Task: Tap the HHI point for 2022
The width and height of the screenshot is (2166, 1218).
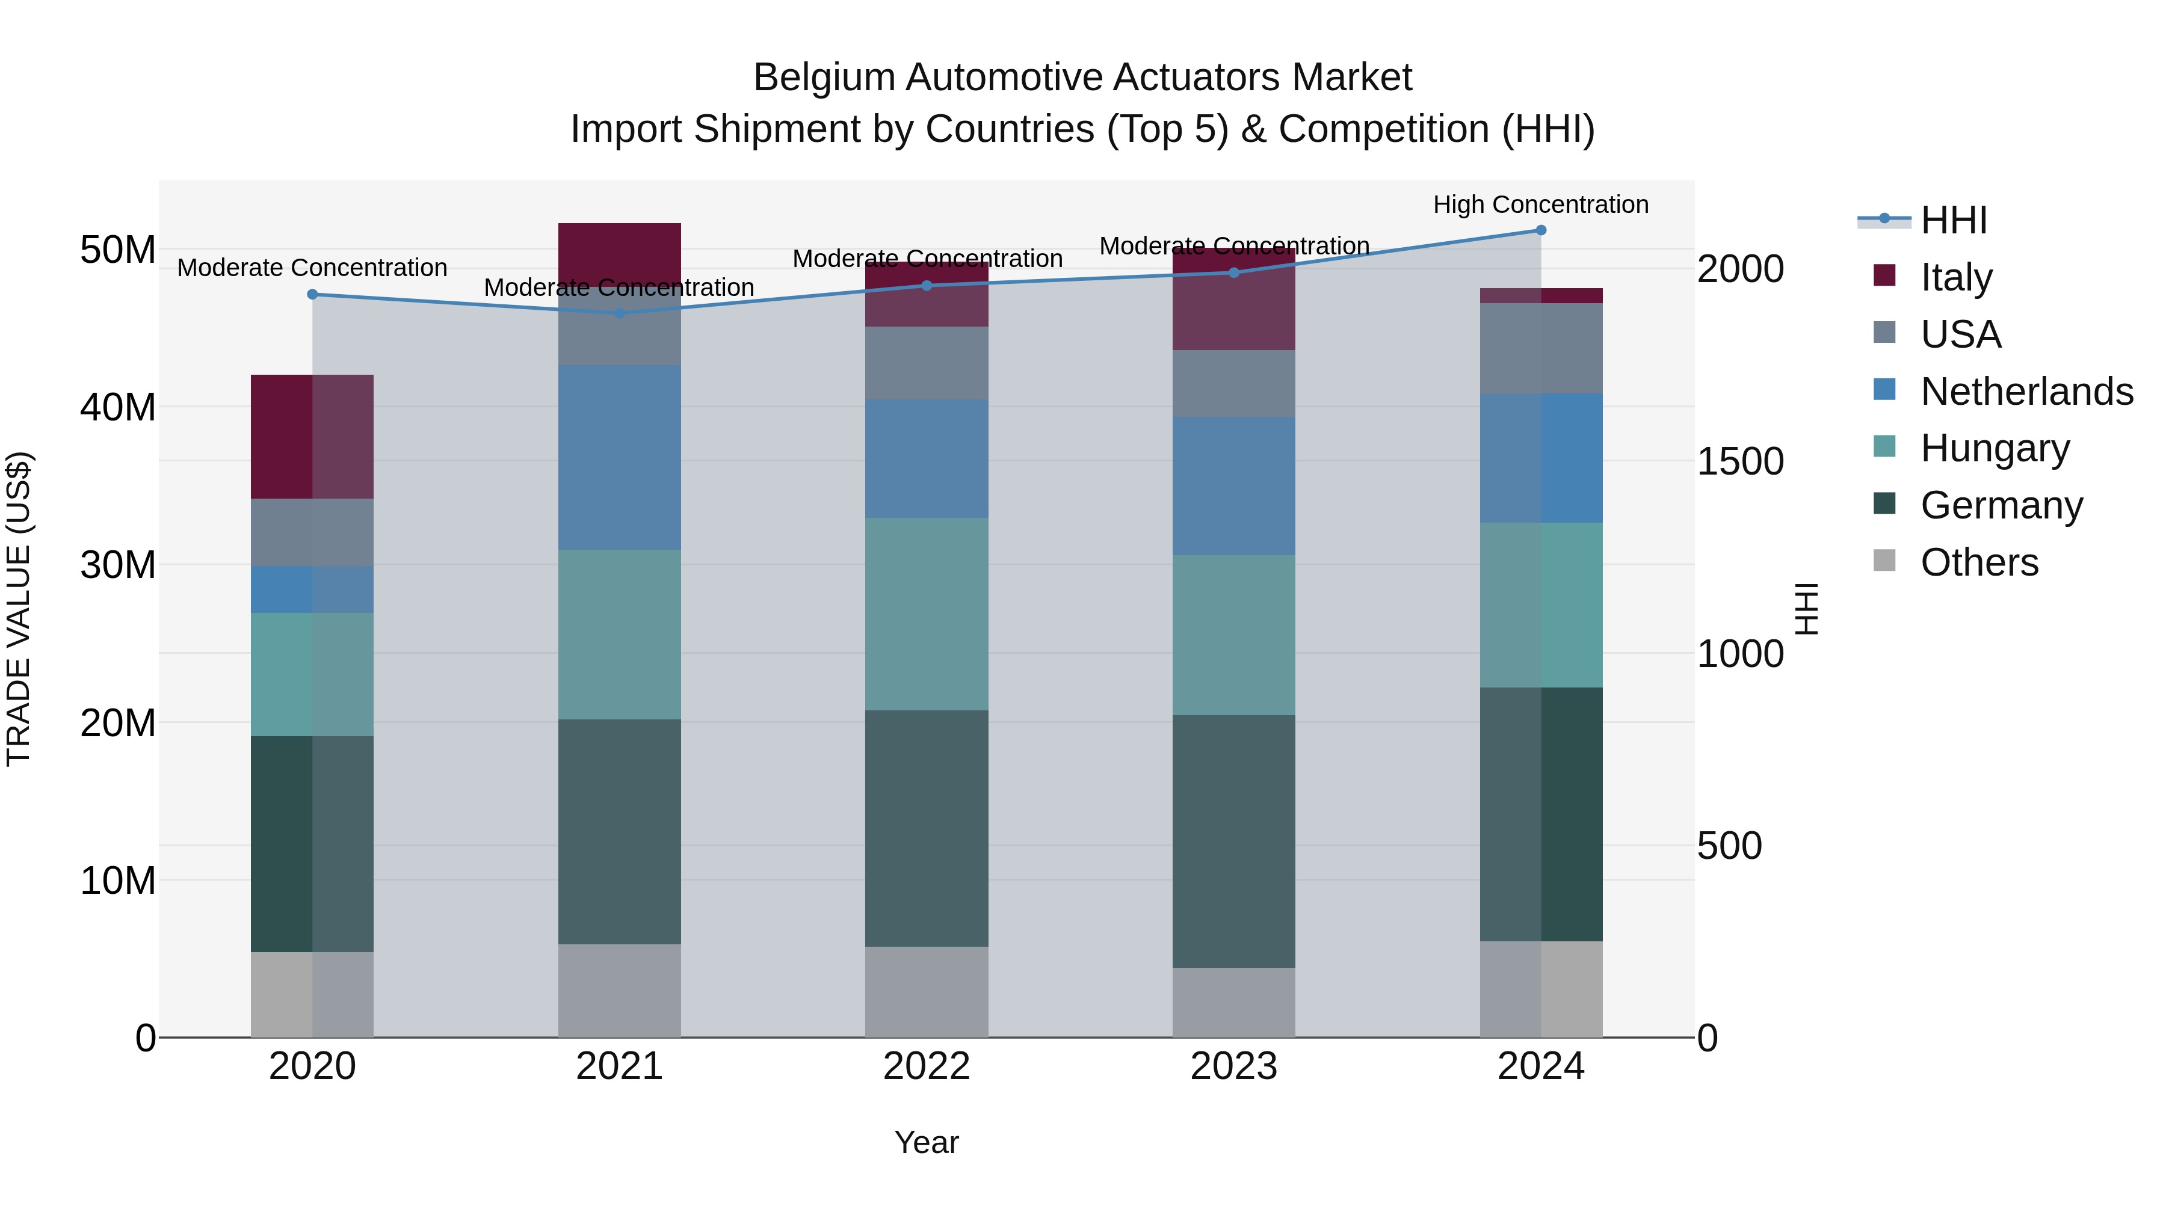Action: point(927,286)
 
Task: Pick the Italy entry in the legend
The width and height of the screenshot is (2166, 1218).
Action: point(1956,277)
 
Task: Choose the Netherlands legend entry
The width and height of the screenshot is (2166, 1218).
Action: point(2026,392)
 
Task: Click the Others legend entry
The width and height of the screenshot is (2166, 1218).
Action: point(1979,562)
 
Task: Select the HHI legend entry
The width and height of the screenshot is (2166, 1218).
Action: point(1953,220)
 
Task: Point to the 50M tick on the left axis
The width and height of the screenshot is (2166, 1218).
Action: point(118,250)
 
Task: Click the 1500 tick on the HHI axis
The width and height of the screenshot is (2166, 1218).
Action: point(1739,461)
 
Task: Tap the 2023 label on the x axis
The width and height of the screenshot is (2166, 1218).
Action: point(1233,1066)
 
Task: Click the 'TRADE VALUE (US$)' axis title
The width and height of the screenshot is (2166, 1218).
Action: point(19,609)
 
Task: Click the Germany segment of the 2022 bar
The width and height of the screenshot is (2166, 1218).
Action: point(927,828)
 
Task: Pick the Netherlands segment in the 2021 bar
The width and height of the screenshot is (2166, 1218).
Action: point(620,457)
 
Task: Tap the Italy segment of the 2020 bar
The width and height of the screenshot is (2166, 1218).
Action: point(312,436)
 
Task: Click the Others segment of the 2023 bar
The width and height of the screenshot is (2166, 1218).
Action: point(1233,1002)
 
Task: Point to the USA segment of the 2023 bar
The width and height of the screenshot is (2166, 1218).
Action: point(1233,383)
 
